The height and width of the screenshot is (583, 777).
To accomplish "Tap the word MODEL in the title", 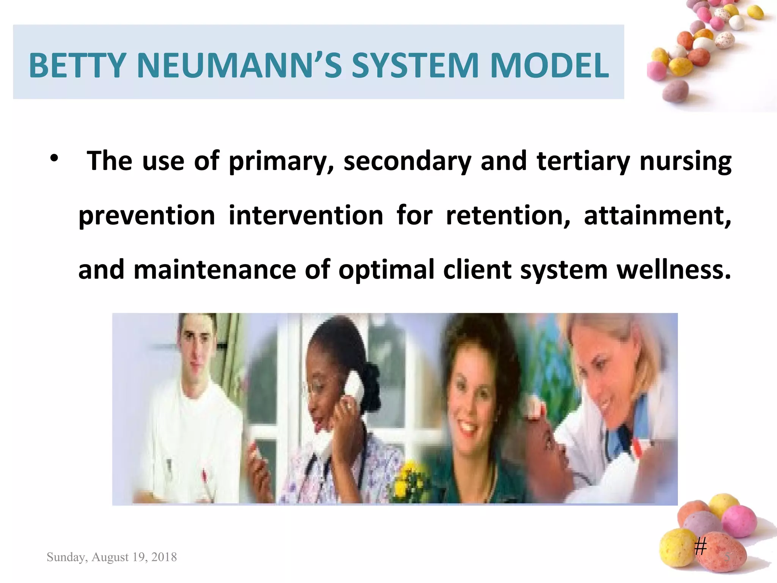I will (x=549, y=66).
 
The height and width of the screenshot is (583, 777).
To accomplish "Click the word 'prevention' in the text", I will (x=147, y=216).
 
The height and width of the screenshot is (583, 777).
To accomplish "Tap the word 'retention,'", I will (x=508, y=216).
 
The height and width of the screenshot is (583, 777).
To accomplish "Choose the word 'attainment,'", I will (x=657, y=216).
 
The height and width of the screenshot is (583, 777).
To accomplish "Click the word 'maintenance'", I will (x=215, y=269).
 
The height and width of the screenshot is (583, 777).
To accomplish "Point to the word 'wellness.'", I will (x=674, y=269).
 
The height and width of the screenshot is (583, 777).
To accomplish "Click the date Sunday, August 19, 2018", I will (x=112, y=557).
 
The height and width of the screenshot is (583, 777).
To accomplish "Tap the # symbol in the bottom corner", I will (x=700, y=547).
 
